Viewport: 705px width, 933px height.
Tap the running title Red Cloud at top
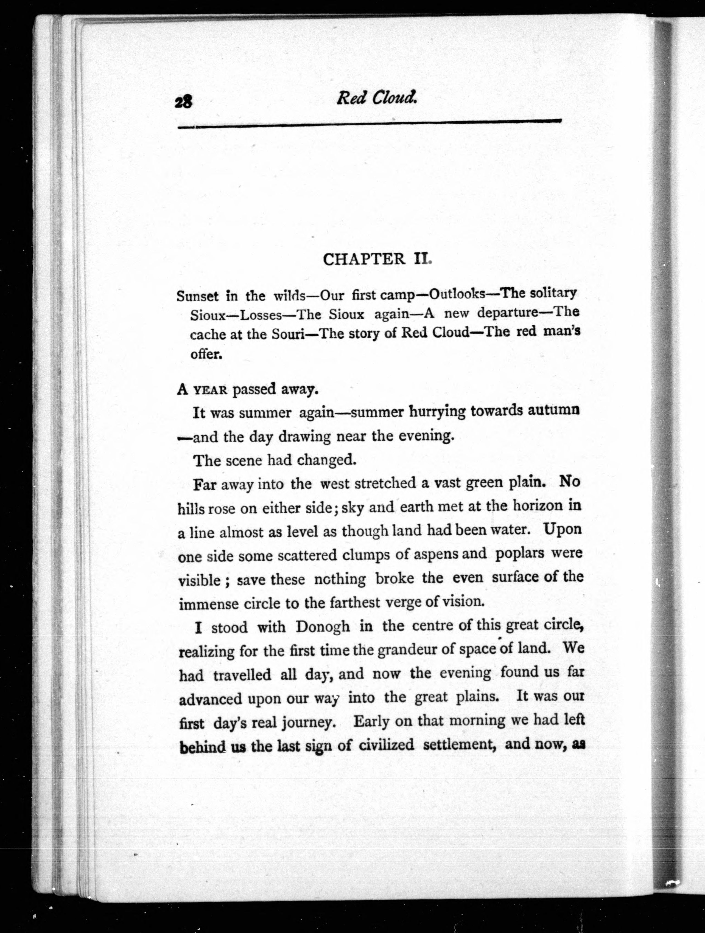click(377, 98)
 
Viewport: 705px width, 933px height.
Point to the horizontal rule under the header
click(370, 123)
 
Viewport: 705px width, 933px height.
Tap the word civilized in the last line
click(387, 745)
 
